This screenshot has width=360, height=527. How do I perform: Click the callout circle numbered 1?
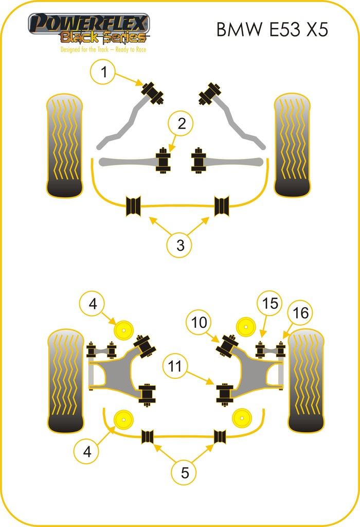click(105, 73)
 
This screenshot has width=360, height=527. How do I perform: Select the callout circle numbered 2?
click(182, 124)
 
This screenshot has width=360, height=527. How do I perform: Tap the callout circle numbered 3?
click(180, 245)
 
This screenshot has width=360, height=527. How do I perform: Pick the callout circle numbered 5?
click(185, 472)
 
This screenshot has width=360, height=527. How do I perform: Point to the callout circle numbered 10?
click(200, 323)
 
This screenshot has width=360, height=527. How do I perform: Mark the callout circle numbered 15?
click(271, 303)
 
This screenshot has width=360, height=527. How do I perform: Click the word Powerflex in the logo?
click(88, 24)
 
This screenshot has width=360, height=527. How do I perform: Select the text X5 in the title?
click(315, 30)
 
